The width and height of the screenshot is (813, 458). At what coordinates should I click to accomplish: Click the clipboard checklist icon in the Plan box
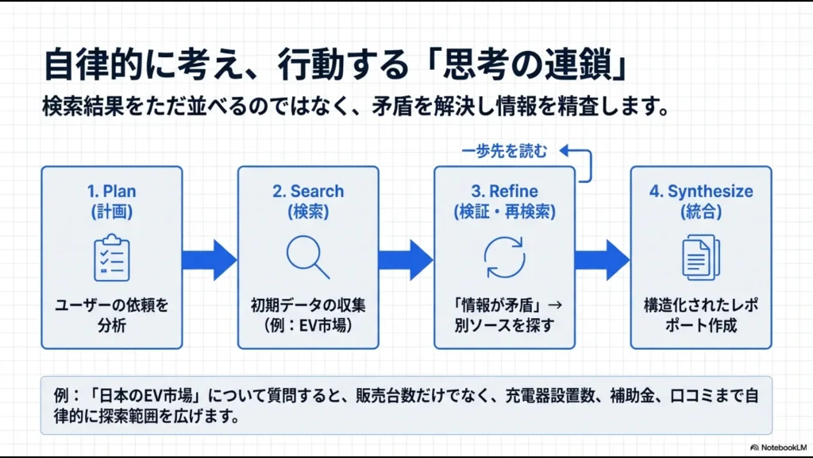[112, 258]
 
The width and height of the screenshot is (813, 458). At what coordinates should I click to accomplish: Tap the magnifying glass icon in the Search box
[307, 258]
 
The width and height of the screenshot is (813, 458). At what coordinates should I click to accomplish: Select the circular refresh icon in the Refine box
[504, 258]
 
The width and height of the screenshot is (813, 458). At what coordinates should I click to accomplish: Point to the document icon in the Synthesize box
[700, 258]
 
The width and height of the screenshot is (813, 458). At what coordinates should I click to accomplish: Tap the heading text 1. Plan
[112, 192]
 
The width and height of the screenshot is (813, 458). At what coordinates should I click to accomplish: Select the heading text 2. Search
[307, 192]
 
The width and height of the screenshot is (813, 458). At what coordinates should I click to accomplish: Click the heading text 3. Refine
[504, 192]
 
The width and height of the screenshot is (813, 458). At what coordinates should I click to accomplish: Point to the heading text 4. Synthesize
[700, 192]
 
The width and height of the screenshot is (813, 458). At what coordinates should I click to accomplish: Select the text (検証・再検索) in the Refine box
[504, 212]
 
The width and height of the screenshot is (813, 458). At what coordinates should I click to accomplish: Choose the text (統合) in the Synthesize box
[700, 212]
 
